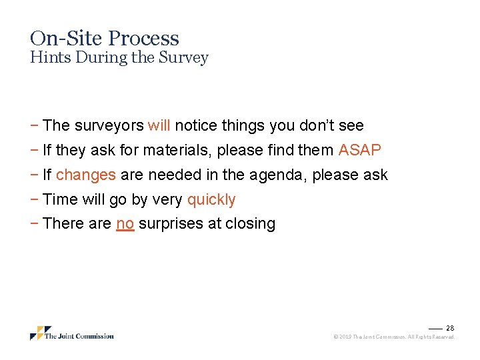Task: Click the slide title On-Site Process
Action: click(105, 38)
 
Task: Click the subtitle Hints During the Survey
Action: click(119, 57)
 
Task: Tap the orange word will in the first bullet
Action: click(159, 125)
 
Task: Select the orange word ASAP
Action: click(359, 150)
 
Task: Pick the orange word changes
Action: click(86, 175)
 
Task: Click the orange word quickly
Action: click(211, 199)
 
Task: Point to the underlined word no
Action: click(125, 223)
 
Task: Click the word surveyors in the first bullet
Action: click(109, 125)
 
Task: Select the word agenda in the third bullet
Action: click(282, 175)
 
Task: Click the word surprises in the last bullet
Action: click(170, 223)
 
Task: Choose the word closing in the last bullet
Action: click(250, 223)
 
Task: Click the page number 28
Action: click(450, 328)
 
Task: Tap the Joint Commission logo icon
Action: click(37, 333)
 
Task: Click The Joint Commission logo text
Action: click(79, 336)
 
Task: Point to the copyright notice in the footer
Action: click(393, 337)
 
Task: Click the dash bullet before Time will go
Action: click(33, 199)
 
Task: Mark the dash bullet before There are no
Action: click(33, 223)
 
